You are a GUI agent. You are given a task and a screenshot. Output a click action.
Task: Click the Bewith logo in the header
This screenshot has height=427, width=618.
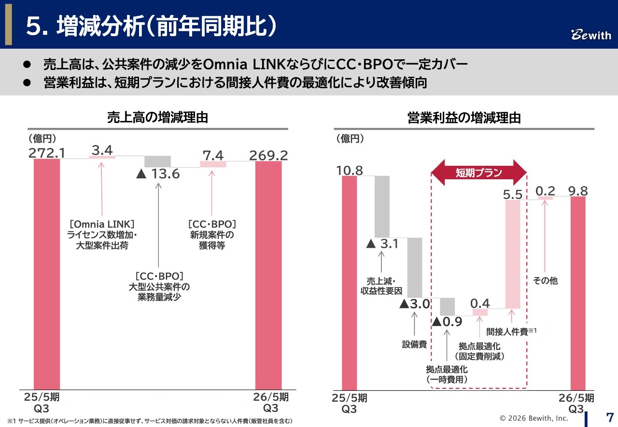click(591, 35)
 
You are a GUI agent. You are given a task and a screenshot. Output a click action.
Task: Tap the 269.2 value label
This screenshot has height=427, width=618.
click(268, 155)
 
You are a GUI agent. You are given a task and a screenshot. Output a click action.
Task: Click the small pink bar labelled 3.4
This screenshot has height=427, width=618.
click(102, 157)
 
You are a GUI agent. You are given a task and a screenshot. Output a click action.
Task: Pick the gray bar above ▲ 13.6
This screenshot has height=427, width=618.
click(158, 161)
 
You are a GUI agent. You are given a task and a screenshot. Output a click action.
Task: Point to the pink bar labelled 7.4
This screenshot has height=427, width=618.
click(213, 164)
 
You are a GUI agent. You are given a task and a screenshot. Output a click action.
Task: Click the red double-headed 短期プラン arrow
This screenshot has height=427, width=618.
click(479, 173)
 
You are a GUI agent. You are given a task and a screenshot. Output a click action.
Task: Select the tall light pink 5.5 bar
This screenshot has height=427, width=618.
click(513, 254)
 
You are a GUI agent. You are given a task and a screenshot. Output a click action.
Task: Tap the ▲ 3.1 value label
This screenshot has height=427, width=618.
click(382, 244)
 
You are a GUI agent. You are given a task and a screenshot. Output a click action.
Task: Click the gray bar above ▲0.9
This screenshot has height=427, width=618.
click(448, 307)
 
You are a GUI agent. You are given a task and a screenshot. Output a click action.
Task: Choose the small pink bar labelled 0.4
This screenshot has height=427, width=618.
click(480, 312)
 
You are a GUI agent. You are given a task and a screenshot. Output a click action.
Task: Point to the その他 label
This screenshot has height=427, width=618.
click(545, 280)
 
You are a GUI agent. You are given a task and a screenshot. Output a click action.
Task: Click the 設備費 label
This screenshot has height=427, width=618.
click(414, 344)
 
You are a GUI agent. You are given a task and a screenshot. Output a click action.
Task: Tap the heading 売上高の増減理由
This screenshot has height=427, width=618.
click(157, 118)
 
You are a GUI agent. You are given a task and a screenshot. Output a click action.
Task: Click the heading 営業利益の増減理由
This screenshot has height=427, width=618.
click(464, 118)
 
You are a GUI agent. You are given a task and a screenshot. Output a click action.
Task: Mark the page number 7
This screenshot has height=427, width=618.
click(610, 417)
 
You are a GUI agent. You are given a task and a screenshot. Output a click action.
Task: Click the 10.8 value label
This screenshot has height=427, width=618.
click(350, 170)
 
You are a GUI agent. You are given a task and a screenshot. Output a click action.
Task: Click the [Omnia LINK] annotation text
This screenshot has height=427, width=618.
click(101, 224)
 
